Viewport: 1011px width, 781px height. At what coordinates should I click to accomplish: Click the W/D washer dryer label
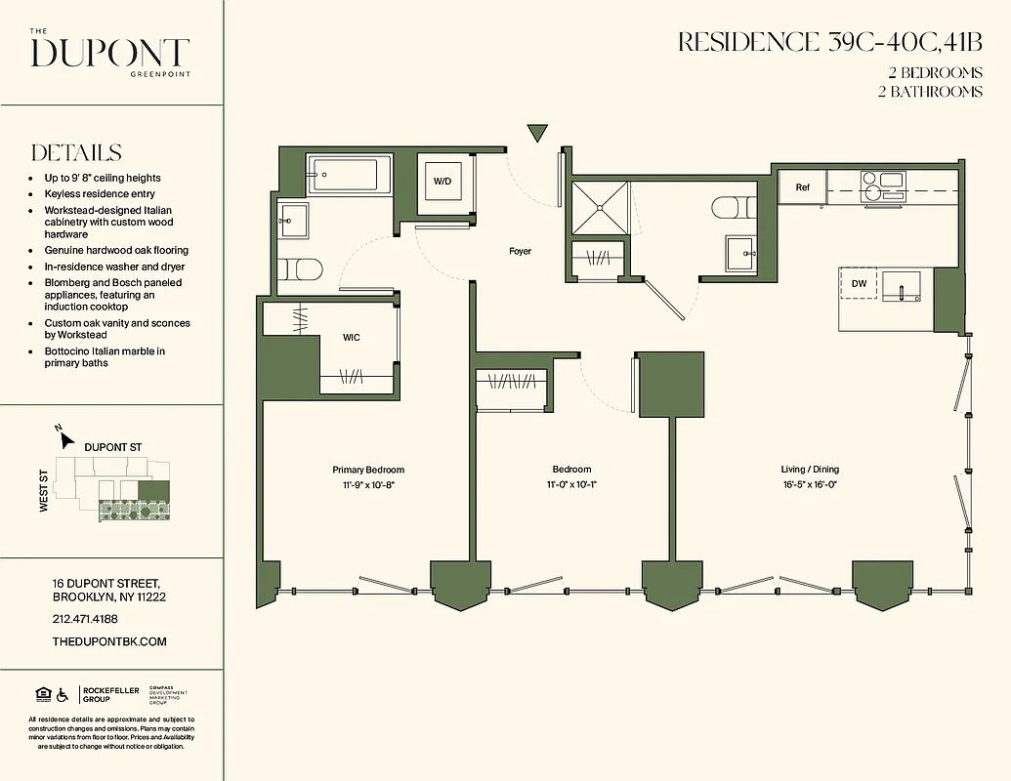point(442,182)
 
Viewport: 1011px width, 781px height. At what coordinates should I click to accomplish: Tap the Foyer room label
point(520,252)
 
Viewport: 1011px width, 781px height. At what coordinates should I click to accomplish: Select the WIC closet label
point(352,338)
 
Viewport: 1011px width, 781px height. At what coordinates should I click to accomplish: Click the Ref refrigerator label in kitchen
point(802,187)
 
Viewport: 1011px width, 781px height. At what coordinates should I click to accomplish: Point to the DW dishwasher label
point(860,284)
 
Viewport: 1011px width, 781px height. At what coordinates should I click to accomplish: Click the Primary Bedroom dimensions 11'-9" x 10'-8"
point(367,484)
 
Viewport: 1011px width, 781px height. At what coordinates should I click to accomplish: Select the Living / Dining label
point(810,470)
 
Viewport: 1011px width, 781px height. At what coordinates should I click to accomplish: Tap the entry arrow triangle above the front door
point(537,134)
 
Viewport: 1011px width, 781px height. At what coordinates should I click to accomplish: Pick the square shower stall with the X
point(599,207)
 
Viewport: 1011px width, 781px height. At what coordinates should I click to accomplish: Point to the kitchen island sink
point(903,289)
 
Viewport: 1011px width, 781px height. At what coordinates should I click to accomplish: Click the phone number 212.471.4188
point(85,619)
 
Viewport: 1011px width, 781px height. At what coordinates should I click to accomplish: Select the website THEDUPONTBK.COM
point(109,641)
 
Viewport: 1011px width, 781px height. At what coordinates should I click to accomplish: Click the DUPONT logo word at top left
point(109,54)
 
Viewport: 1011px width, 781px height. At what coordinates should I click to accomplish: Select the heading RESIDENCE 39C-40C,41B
point(829,43)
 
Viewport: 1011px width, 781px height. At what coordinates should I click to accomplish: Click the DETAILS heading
point(76,153)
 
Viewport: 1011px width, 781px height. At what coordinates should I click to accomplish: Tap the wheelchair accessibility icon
point(63,694)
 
